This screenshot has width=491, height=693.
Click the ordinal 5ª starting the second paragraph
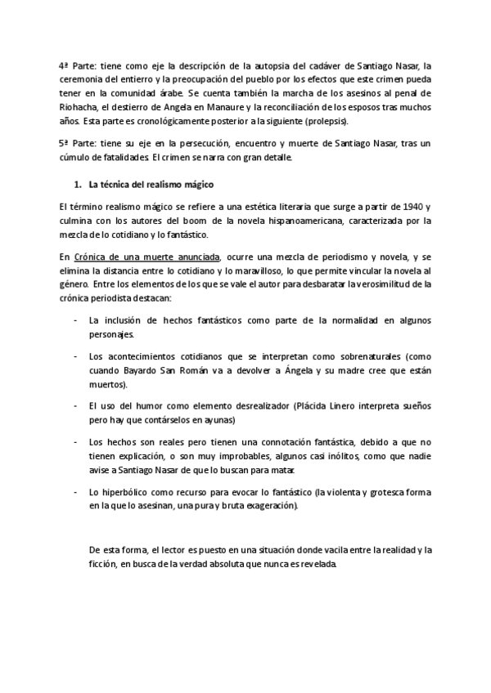point(67,144)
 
